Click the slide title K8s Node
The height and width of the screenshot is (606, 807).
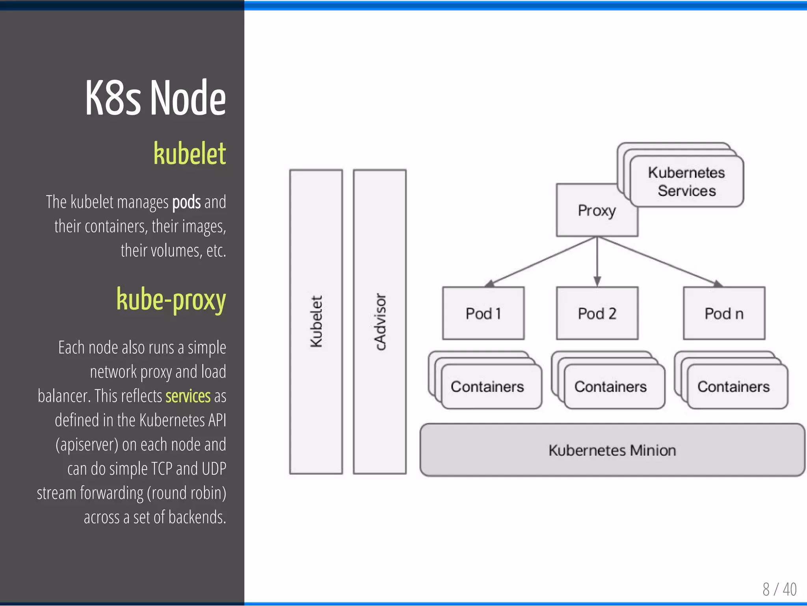click(x=155, y=98)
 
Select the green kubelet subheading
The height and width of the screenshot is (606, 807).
click(x=190, y=154)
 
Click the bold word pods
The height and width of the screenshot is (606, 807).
click(x=186, y=202)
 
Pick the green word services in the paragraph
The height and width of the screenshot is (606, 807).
click(x=188, y=396)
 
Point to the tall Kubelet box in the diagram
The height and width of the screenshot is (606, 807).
click(x=316, y=321)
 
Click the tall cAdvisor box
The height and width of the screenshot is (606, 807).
click(x=380, y=321)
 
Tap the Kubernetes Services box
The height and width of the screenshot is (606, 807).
click(x=686, y=182)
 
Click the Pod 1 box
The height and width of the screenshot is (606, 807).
click(x=483, y=313)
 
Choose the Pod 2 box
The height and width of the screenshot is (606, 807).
click(x=597, y=313)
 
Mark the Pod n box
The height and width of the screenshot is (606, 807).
click(x=724, y=313)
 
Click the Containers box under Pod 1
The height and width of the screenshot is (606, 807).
click(x=487, y=387)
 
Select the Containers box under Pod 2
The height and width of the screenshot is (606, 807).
click(x=610, y=387)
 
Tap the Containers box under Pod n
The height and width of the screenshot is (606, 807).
click(x=733, y=387)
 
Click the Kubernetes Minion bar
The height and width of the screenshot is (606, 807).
click(x=612, y=450)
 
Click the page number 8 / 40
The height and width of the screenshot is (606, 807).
click(x=779, y=589)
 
